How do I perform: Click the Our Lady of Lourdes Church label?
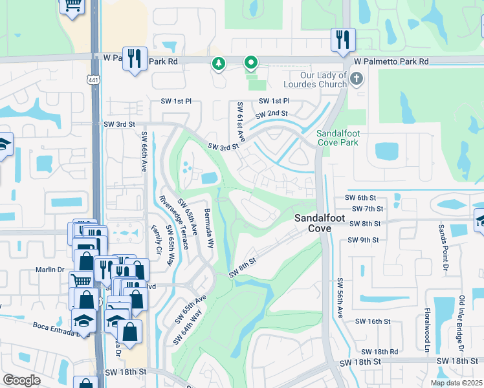point(314,80)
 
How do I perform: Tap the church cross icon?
point(355,80)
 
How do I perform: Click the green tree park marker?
point(219,63)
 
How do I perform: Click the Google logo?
point(21,380)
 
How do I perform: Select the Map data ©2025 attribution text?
point(456,383)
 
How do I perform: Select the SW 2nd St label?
point(271,114)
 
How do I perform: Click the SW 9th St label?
point(362,240)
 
